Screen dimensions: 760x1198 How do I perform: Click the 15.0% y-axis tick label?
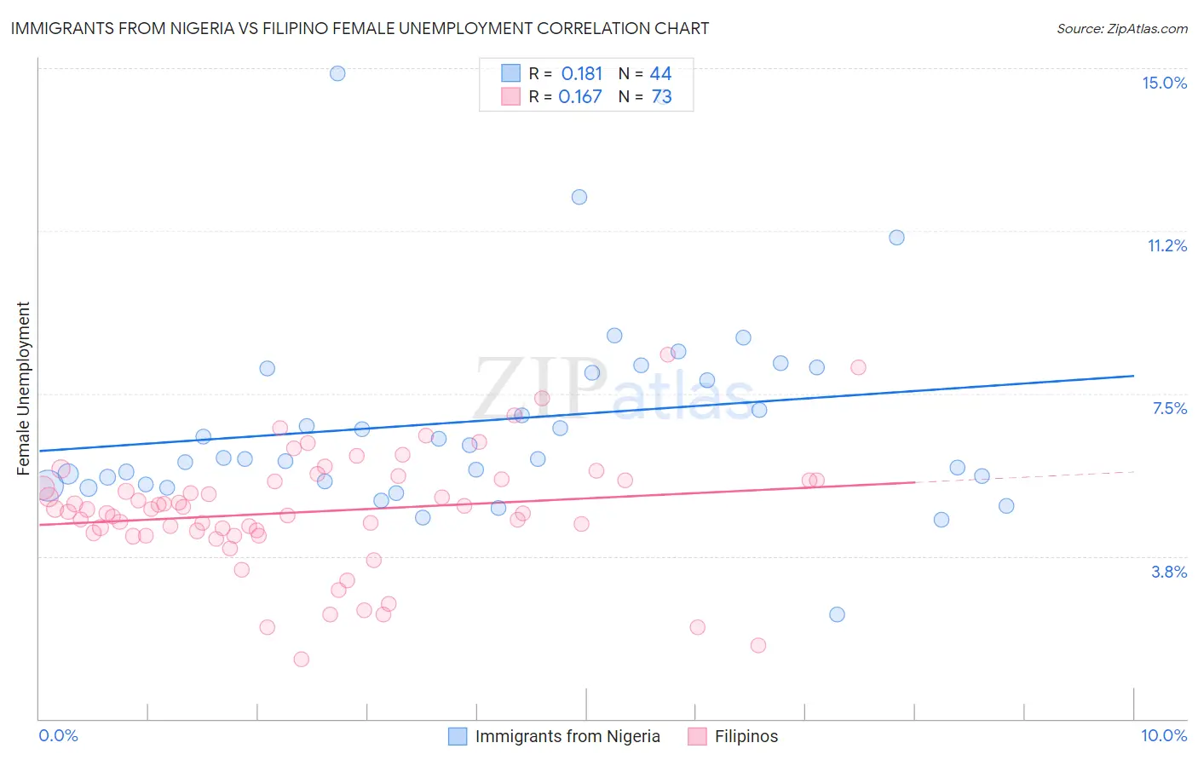point(1164,83)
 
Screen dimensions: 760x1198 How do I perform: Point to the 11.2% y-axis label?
point(1166,245)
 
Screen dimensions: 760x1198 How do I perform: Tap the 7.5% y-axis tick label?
point(1169,408)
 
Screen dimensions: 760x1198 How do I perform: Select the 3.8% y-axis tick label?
point(1169,572)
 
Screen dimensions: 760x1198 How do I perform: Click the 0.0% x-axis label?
point(58,735)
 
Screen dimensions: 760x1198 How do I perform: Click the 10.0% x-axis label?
point(1164,735)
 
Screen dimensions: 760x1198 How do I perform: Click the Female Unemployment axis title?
point(23,388)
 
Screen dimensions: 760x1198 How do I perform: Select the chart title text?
point(360,28)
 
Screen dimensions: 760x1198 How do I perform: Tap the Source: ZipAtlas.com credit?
point(1121,28)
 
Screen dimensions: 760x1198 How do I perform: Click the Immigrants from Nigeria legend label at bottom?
point(567,736)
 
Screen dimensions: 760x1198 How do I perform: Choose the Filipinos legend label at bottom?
point(746,736)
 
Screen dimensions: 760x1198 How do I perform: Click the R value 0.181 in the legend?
point(581,74)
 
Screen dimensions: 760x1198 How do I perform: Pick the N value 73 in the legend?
point(661,97)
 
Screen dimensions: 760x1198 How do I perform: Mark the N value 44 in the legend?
point(660,74)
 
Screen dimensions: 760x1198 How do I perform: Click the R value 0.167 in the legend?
point(580,97)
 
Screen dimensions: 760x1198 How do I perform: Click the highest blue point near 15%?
point(337,73)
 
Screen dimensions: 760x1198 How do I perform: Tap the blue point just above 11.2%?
point(896,238)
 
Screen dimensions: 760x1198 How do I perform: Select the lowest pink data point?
point(301,659)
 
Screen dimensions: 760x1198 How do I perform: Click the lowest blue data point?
point(837,614)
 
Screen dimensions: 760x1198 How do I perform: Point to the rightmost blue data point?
point(1006,506)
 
